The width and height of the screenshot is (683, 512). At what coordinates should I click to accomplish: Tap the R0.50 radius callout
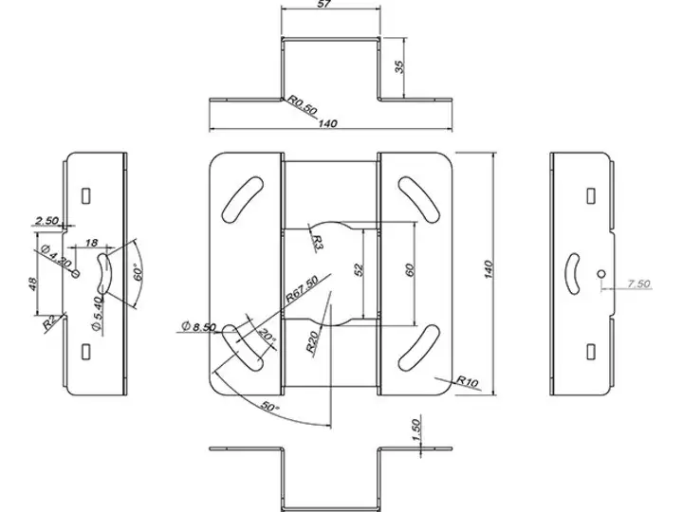(303, 105)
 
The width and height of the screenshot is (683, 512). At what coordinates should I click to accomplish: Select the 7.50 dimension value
(638, 282)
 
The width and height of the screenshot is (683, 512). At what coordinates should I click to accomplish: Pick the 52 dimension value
(359, 270)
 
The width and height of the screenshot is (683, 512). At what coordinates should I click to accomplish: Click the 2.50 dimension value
(46, 221)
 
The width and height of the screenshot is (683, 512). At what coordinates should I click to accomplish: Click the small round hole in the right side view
(601, 274)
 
